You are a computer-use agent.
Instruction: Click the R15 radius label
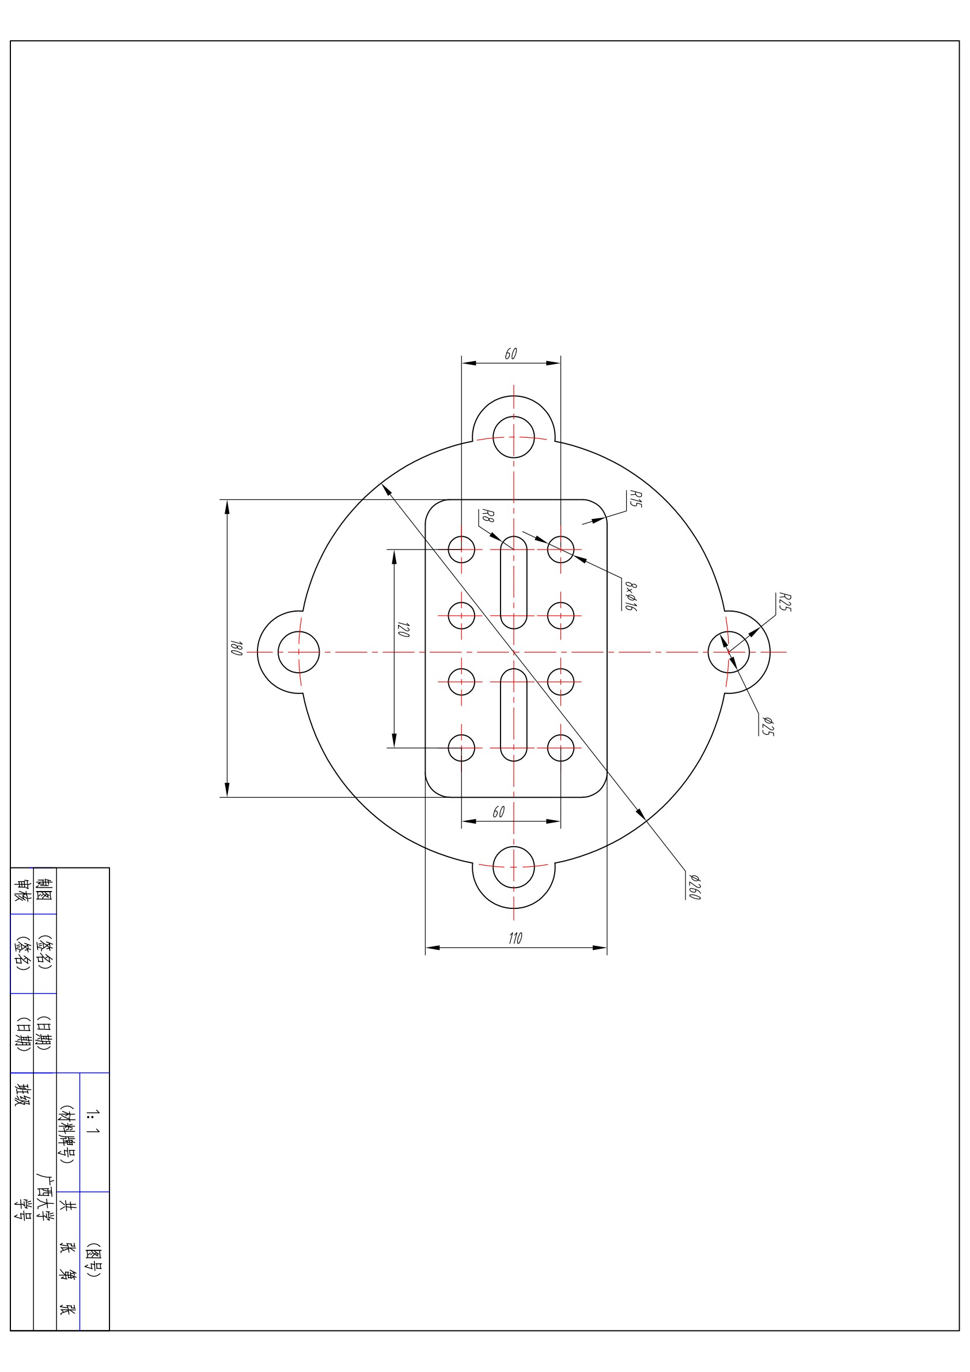[635, 499]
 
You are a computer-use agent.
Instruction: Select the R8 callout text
[488, 516]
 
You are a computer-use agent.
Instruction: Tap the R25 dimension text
[785, 602]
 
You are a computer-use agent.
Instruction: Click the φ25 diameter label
[768, 726]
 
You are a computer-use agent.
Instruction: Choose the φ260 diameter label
[694, 887]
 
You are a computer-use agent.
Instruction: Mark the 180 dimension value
[236, 649]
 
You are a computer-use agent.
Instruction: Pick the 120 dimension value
[403, 630]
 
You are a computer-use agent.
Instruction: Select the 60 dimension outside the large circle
[510, 354]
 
